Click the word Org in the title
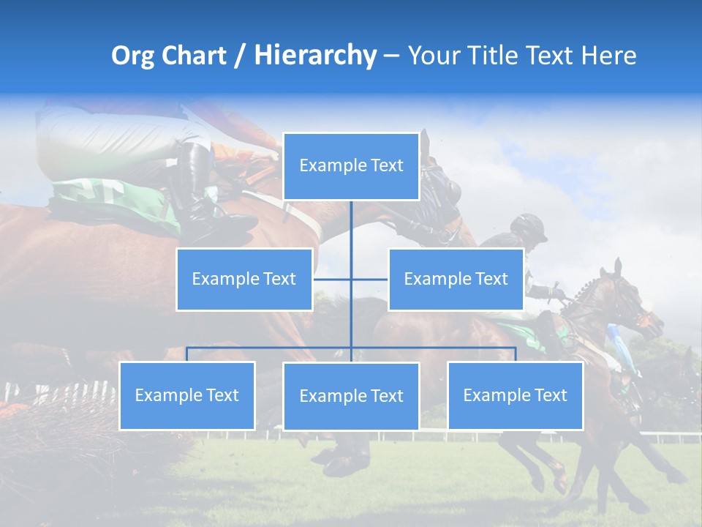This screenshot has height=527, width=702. click(x=132, y=56)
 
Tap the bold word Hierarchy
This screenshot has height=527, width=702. click(x=315, y=56)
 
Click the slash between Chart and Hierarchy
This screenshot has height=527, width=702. click(x=240, y=56)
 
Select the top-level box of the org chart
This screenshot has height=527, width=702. click(x=351, y=166)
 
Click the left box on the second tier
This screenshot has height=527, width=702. click(x=244, y=279)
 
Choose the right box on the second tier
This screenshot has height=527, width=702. click(x=456, y=279)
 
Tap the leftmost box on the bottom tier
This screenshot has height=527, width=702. click(x=187, y=395)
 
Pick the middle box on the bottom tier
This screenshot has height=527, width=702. click(x=351, y=396)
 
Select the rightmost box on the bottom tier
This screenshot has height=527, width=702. click(x=515, y=395)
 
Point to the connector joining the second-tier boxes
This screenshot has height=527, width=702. click(x=333, y=279)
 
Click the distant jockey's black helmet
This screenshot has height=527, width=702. click(x=530, y=225)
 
